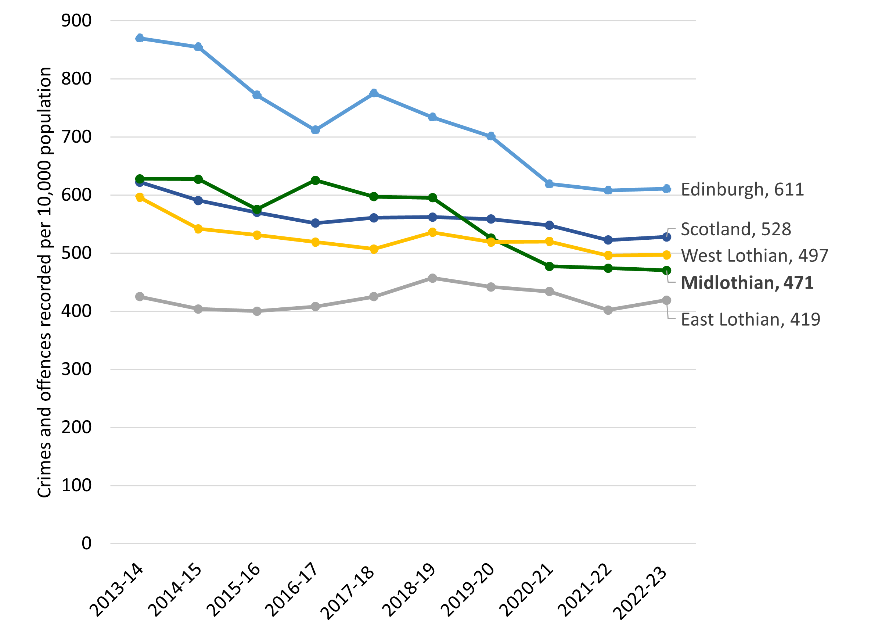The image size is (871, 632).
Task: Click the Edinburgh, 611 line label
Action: click(742, 189)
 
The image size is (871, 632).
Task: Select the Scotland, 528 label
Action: click(736, 229)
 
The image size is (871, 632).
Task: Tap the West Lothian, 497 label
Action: click(754, 256)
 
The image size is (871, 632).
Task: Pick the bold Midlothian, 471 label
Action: click(747, 283)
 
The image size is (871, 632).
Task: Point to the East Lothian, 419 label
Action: click(751, 319)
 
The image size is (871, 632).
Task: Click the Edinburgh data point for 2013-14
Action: click(140, 38)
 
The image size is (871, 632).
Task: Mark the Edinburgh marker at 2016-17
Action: click(315, 130)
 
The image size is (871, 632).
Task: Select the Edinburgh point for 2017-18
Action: click(374, 93)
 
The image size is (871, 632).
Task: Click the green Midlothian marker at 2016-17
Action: click(315, 180)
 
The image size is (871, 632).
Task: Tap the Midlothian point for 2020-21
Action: click(549, 267)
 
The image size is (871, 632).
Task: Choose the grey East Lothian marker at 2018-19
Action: click(432, 278)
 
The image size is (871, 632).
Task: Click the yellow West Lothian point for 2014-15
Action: click(198, 229)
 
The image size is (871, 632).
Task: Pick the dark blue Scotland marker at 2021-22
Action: click(608, 240)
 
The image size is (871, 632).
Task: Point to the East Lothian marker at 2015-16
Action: click(257, 311)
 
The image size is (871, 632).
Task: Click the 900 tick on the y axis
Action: click(76, 21)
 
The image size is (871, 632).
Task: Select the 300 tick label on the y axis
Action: click(76, 369)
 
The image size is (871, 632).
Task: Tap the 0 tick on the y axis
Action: click(86, 544)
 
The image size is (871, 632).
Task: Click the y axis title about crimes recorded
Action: click(44, 283)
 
